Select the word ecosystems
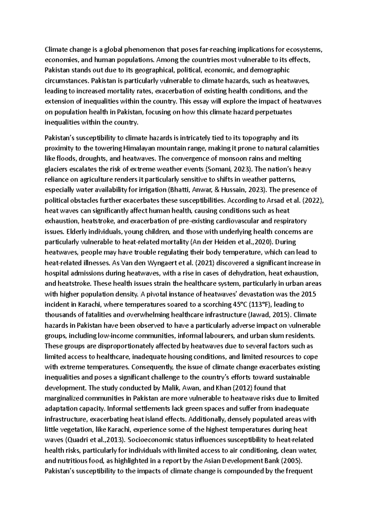click(x=304, y=49)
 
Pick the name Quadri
click(x=77, y=440)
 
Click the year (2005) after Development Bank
click(x=292, y=461)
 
